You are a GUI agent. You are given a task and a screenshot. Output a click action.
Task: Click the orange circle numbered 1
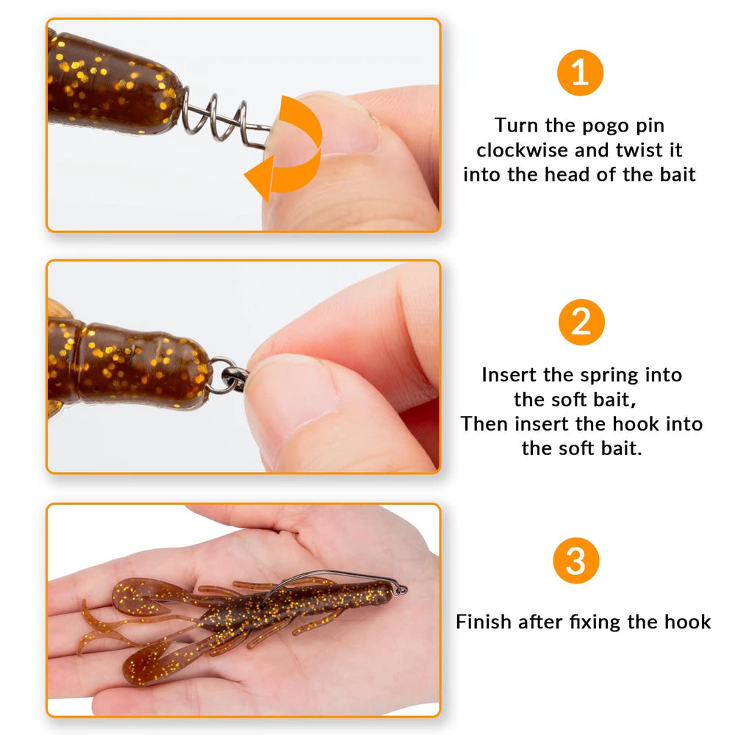pos(580,72)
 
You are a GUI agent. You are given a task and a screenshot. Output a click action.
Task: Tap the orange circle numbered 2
pos(581,322)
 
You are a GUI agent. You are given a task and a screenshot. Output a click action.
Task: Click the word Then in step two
pos(484,424)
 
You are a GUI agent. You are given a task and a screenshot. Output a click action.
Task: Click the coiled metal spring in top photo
pos(220,118)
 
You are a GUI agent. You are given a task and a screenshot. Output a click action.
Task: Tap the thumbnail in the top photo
pos(345,125)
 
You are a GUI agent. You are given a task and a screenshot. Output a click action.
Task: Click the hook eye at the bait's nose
pos(400,589)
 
